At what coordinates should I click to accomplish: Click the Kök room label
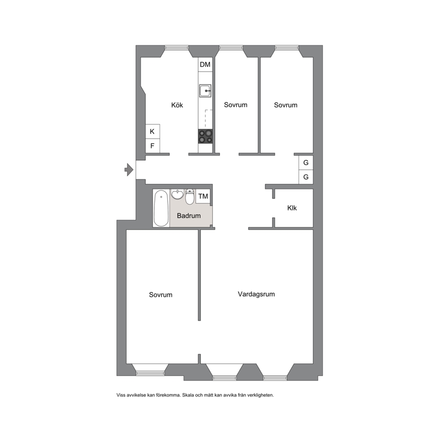177,105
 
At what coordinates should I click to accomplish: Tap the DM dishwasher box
205,65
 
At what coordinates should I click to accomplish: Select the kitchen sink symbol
205,91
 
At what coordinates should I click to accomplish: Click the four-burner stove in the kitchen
205,136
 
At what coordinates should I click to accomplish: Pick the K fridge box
153,131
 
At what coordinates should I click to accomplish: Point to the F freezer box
153,146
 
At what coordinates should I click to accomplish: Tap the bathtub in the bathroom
161,208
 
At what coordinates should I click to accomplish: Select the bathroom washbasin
177,194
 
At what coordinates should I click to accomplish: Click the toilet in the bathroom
190,196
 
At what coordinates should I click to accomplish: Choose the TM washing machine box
203,196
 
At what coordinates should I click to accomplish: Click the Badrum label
189,216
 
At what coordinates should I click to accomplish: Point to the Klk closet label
292,208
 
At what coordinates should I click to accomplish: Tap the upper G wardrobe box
306,162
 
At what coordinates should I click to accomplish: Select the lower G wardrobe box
306,177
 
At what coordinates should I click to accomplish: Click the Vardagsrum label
256,294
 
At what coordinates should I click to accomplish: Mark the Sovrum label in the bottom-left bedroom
161,295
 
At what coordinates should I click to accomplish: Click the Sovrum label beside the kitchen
235,105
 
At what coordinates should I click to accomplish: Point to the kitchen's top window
177,48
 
